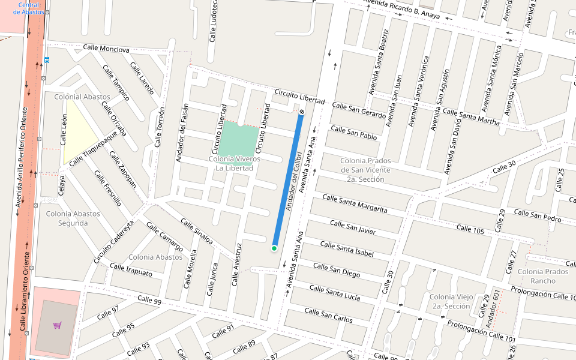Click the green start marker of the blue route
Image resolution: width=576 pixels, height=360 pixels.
point(274,248)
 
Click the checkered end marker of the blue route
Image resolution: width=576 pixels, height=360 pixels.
point(302,112)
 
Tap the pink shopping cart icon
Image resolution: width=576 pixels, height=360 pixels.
point(57,325)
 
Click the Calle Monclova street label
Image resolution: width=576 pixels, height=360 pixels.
point(106,49)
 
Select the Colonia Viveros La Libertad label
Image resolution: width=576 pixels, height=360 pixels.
point(235,163)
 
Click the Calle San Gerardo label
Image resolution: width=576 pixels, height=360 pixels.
point(359,109)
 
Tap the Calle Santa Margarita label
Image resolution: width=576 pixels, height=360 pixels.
point(355,203)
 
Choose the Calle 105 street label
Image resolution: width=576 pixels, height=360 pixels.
point(470,228)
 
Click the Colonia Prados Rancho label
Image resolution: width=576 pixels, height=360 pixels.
point(543,276)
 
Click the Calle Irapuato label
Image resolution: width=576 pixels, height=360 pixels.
point(131,269)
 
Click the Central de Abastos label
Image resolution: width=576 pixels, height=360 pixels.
point(25,8)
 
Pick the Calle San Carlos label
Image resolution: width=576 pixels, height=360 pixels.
point(328,315)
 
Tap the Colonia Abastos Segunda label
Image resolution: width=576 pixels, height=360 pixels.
point(67,218)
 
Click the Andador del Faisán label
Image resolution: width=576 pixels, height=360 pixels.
point(182,133)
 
